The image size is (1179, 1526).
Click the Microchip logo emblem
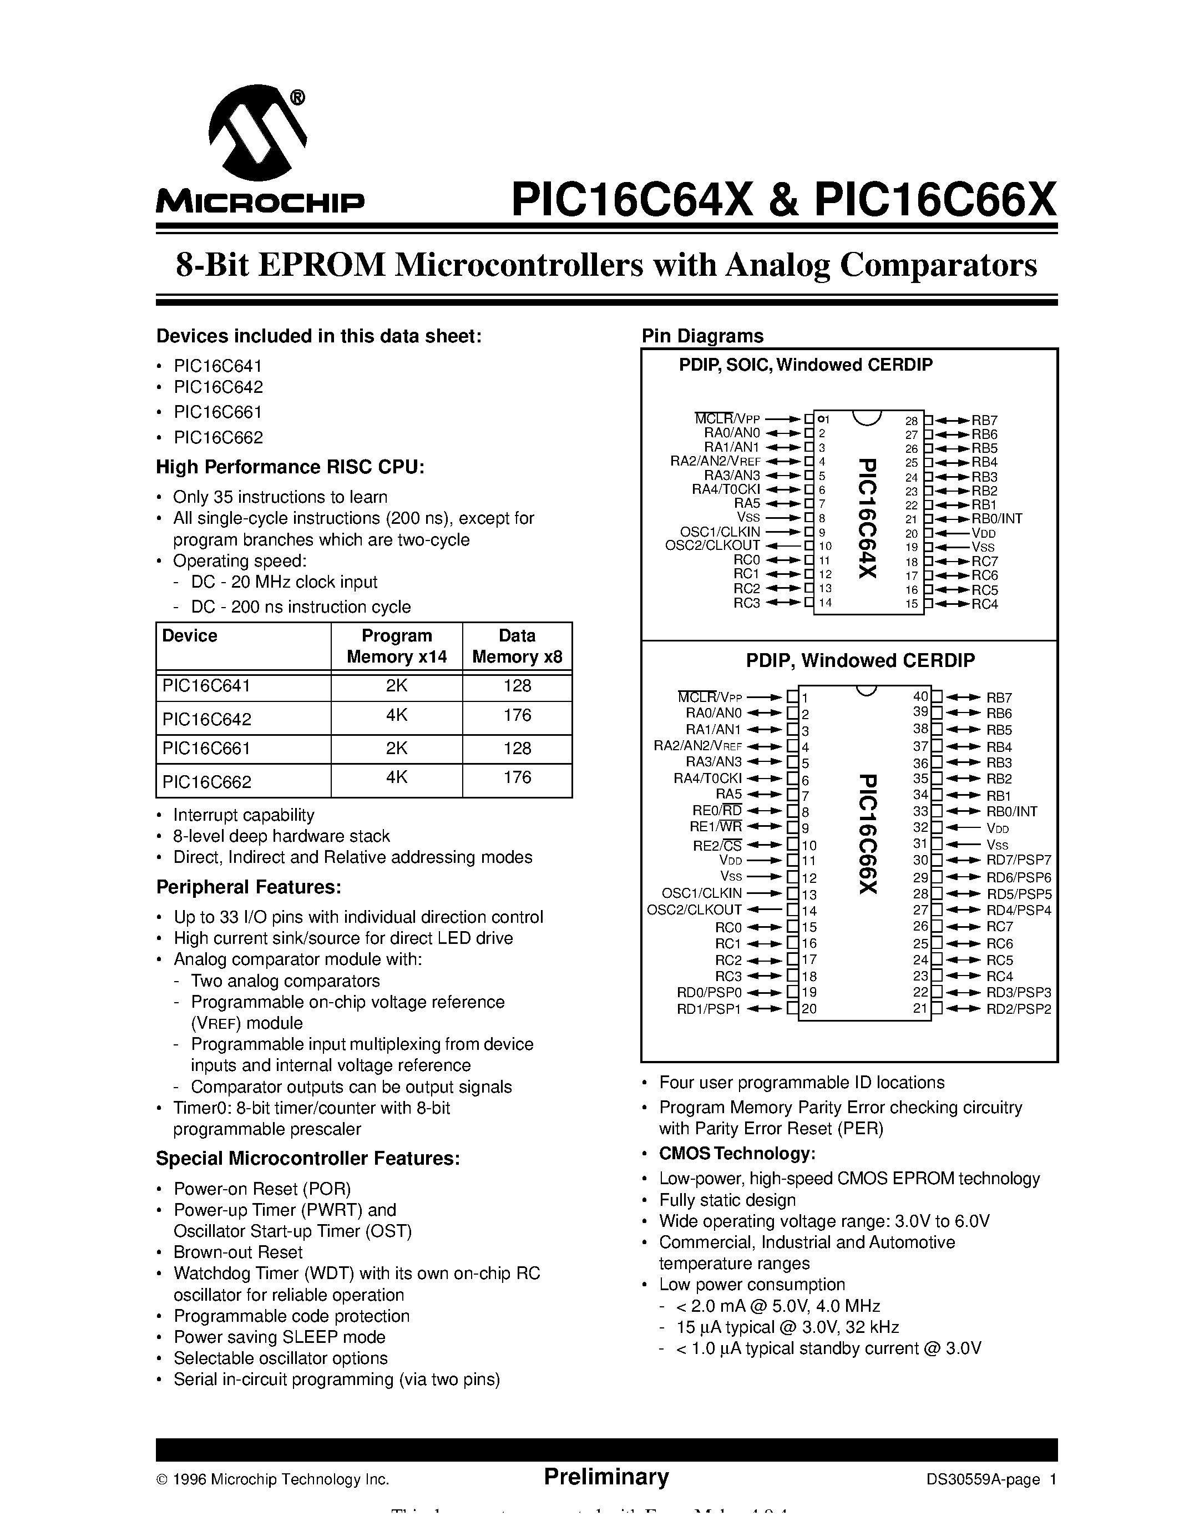257,134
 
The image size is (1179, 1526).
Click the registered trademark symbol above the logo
297,98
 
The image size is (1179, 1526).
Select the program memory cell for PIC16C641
396,686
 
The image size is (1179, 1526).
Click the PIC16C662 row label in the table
207,782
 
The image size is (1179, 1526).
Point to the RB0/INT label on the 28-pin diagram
996,518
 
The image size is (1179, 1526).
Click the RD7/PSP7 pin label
1018,860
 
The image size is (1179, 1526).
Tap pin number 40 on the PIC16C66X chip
920,696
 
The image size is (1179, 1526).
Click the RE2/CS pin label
717,846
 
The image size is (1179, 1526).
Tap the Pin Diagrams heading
702,336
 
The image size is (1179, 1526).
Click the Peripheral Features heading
248,887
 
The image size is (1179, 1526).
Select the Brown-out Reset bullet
237,1252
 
